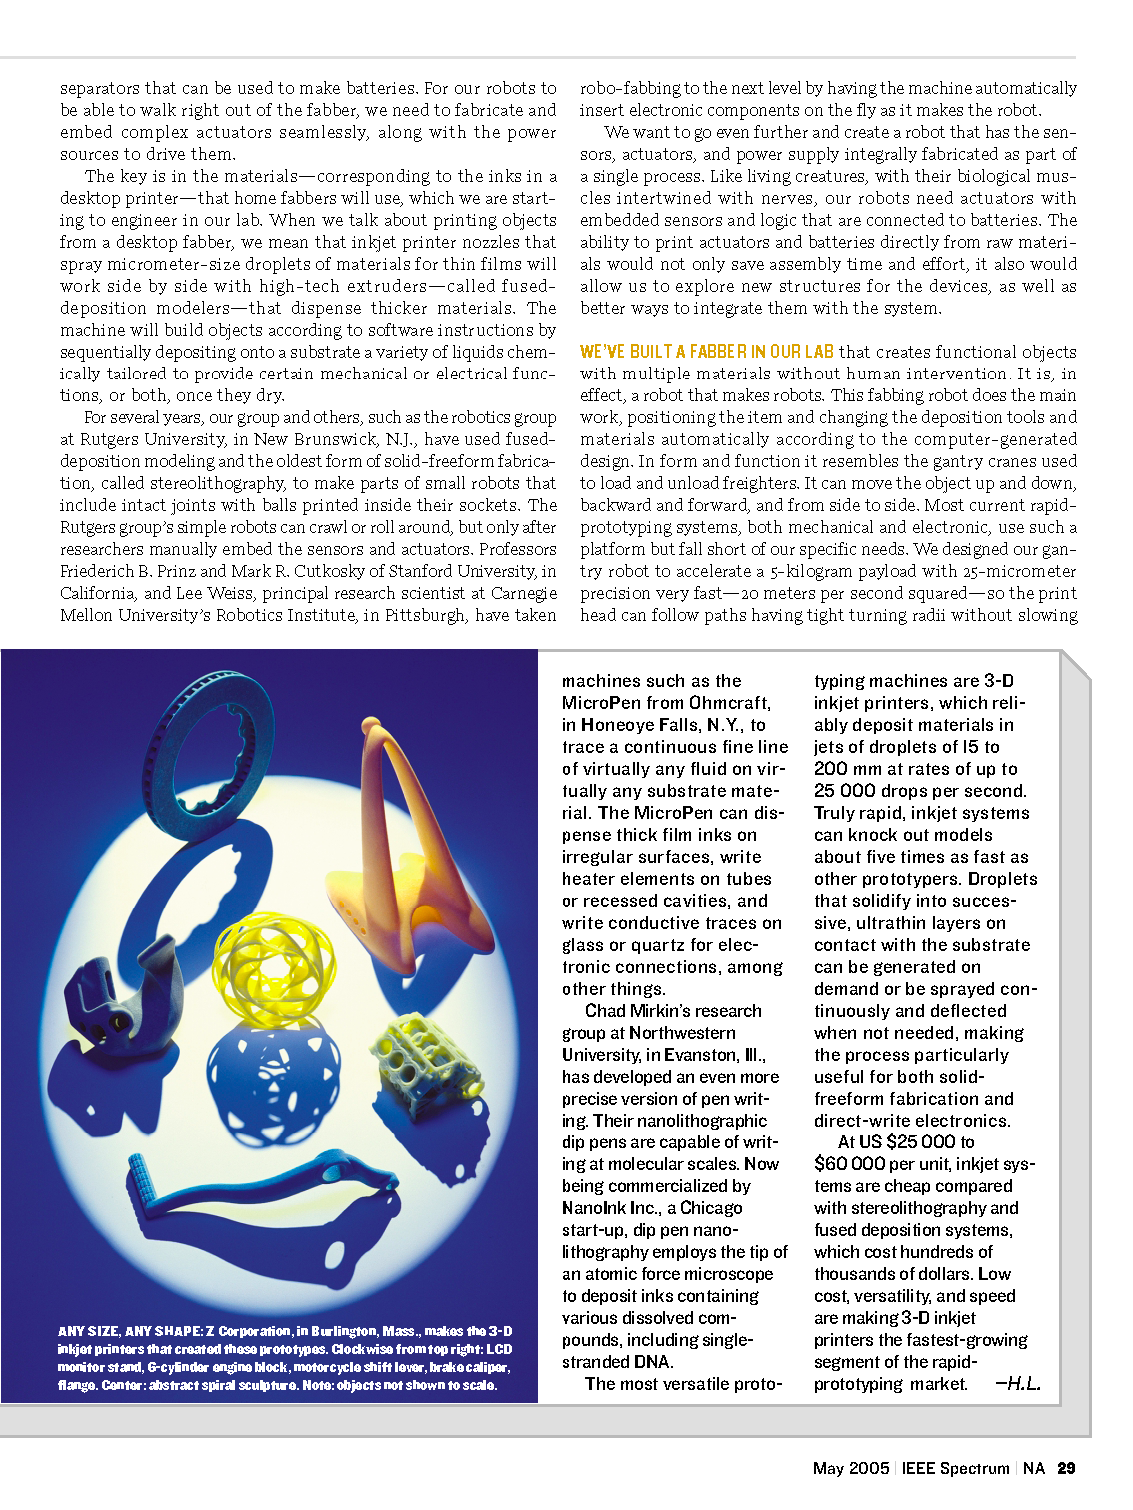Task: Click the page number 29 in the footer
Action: (x=1066, y=1468)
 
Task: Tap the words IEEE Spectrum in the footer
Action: (x=955, y=1468)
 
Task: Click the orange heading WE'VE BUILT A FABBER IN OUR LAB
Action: (x=707, y=352)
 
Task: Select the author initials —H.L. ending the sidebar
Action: (x=1018, y=1384)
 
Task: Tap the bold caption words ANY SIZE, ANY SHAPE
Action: (x=130, y=1331)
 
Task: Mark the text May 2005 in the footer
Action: (x=850, y=1468)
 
